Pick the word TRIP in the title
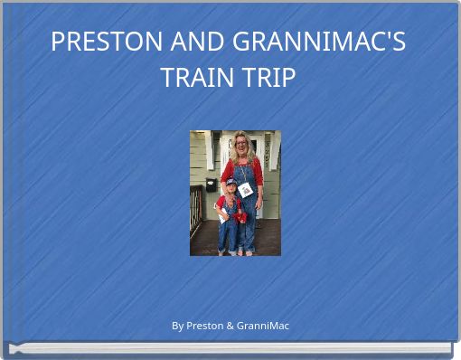(x=268, y=78)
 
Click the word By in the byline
(x=177, y=326)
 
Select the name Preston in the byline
(x=203, y=326)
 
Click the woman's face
(x=241, y=144)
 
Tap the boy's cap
(x=230, y=183)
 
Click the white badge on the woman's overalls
(x=245, y=189)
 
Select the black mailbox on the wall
(x=210, y=184)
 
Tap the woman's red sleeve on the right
(x=259, y=172)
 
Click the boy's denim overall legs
(x=230, y=233)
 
